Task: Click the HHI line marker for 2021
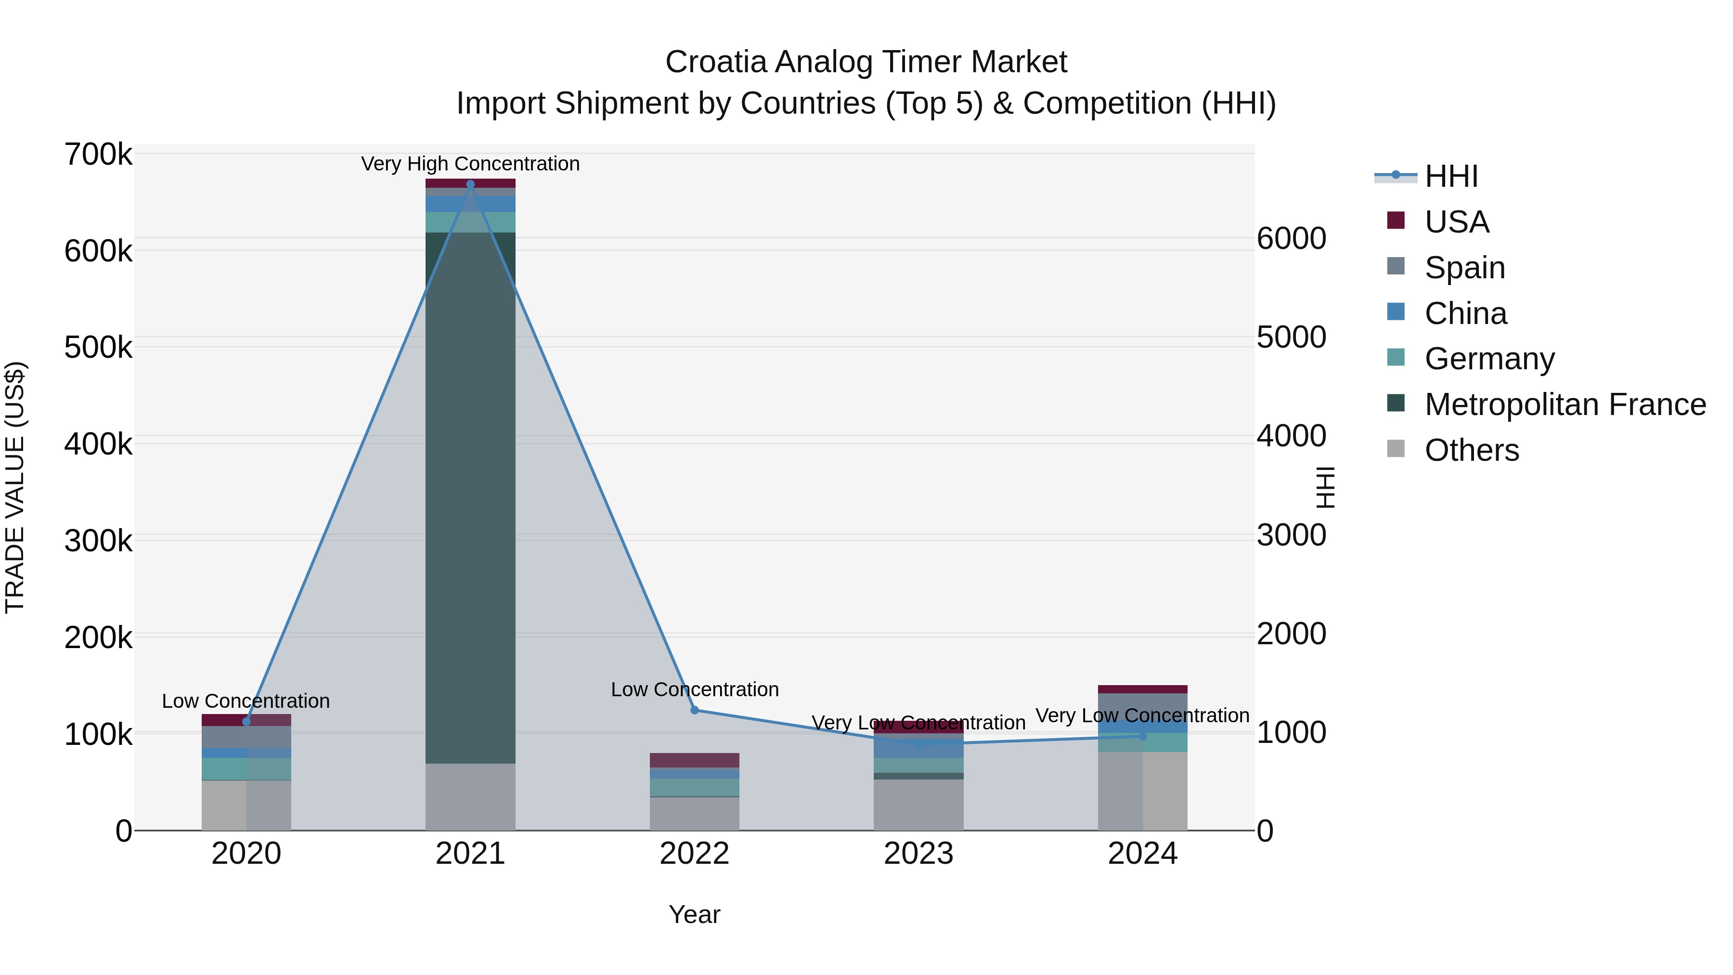click(x=470, y=184)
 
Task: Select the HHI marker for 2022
click(x=694, y=710)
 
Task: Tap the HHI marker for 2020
click(x=246, y=721)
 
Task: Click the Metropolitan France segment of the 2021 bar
click(x=470, y=498)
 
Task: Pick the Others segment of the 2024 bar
click(x=1142, y=791)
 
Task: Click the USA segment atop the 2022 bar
click(x=694, y=760)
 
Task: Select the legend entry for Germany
click(x=1489, y=359)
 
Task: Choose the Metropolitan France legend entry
click(x=1565, y=404)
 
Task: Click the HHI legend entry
click(x=1450, y=176)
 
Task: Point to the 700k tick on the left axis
click(x=98, y=155)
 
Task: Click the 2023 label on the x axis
click(x=918, y=854)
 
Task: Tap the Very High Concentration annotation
click(x=470, y=164)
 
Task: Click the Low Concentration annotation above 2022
click(x=694, y=689)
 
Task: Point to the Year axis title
click(x=694, y=914)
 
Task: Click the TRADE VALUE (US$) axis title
click(x=15, y=487)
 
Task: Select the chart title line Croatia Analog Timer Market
click(x=866, y=62)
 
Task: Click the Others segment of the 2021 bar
click(x=470, y=797)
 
